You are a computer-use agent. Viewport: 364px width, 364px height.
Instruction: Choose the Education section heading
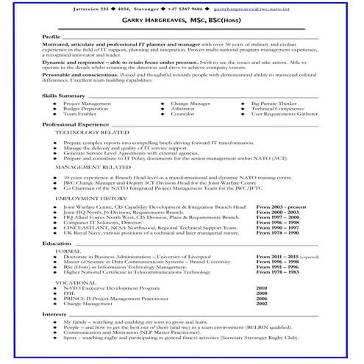pos(57,243)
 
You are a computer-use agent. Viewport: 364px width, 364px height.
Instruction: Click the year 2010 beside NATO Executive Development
pos(262,288)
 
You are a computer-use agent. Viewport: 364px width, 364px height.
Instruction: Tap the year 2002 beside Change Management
pos(262,304)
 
